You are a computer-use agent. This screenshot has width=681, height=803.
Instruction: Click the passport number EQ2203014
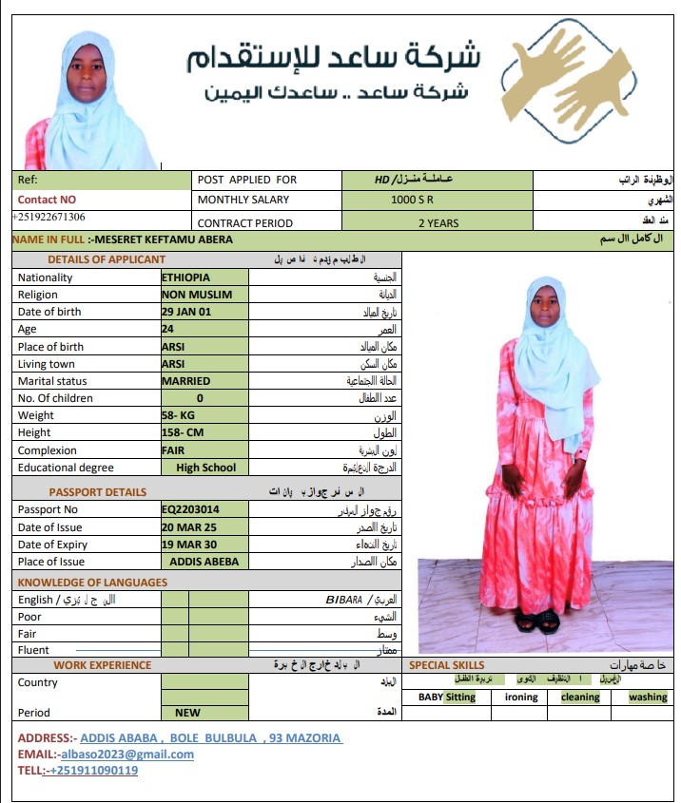pos(190,509)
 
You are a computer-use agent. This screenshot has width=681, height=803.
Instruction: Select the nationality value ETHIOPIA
pos(186,277)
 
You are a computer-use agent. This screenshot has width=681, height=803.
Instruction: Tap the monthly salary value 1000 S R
pos(412,201)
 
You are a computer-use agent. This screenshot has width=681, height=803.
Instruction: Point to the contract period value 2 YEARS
pos(438,223)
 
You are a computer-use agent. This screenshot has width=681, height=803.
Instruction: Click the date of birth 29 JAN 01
pos(186,312)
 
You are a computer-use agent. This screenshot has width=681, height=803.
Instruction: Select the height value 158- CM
pos(183,432)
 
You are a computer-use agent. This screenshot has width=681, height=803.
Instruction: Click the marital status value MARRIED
pos(186,381)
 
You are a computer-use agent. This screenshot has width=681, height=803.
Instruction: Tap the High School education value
pos(205,468)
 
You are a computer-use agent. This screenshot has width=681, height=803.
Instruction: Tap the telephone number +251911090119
pos(91,771)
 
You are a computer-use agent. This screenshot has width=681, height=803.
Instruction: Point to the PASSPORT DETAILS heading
pos(98,492)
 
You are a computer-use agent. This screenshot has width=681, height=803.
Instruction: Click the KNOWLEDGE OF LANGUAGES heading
pos(92,583)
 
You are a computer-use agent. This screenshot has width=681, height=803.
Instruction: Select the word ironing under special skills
pos(521,698)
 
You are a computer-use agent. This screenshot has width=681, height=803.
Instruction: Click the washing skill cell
pos(648,698)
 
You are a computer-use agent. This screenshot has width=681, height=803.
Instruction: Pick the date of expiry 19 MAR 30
pos(188,545)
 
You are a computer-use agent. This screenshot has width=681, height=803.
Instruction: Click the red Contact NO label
pos(47,200)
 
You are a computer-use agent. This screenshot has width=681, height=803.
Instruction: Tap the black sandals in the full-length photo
pos(537,622)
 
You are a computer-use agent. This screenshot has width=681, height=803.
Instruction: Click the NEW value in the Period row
pos(187,713)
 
